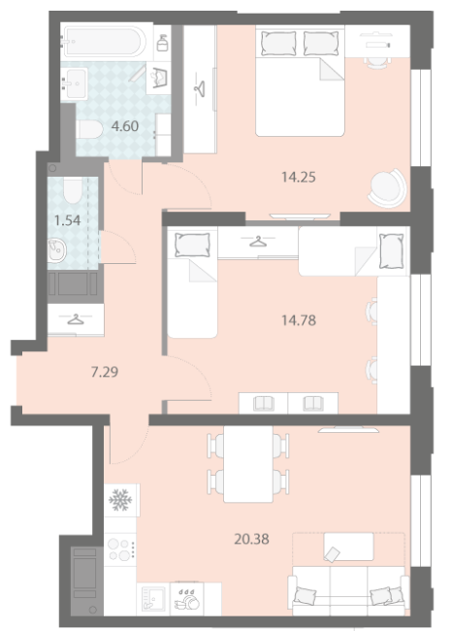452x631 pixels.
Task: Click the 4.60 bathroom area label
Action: (125, 126)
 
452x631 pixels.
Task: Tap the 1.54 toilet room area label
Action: (67, 220)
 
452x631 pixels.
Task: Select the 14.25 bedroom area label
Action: (299, 177)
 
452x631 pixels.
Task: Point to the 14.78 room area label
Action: (299, 320)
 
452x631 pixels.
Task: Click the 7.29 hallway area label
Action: (105, 372)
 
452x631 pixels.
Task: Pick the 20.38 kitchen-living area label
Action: (252, 539)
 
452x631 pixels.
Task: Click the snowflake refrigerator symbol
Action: (120, 500)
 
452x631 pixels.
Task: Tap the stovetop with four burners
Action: (120, 550)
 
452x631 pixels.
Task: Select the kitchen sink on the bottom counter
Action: (153, 598)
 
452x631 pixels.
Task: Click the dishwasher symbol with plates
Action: (187, 600)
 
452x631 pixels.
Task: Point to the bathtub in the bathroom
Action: (103, 42)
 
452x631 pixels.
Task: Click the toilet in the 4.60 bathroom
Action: (90, 129)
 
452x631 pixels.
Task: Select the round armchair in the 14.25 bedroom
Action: (387, 187)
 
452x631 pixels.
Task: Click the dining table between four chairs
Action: (248, 464)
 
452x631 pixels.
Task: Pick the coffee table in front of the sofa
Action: (348, 547)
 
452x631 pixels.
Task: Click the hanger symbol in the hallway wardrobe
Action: (76, 319)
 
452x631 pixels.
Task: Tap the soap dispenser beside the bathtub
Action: (162, 43)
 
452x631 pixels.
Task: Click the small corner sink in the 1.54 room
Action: (56, 249)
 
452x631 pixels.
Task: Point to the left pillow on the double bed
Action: (278, 43)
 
